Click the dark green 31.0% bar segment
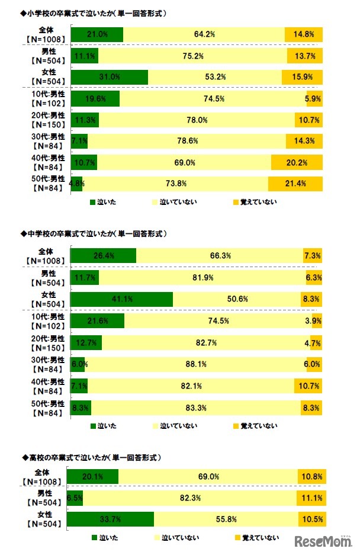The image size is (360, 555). tap(109, 78)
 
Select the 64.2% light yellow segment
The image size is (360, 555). tap(204, 34)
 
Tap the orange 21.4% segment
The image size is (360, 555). tap(295, 183)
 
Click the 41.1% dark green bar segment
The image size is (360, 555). tap(121, 299)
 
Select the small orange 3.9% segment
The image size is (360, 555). tap(317, 320)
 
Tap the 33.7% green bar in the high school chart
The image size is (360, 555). tap(110, 519)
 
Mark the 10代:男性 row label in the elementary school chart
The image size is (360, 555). tap(44, 99)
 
